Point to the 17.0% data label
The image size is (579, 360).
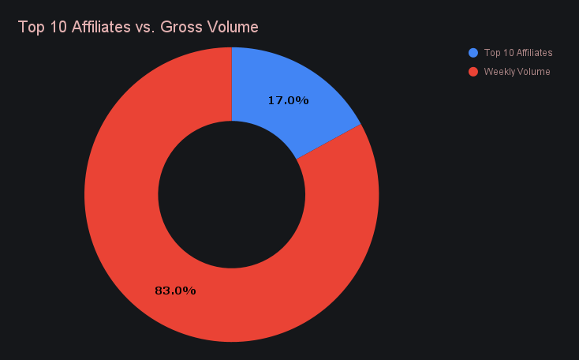coord(288,100)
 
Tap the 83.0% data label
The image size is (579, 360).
coord(175,291)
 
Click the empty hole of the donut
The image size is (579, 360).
coord(231,194)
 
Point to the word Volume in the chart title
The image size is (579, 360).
coord(233,28)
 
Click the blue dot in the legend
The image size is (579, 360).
coord(473,53)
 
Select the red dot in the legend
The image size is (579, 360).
coord(473,72)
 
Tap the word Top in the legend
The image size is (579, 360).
coord(492,53)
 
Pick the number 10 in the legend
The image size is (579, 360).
coord(508,53)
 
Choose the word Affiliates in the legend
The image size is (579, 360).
coord(535,53)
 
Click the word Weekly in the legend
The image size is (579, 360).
coord(499,72)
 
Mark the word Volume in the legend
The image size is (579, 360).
coord(534,72)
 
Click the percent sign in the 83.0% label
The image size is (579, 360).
coord(190,291)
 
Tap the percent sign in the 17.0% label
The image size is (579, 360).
coord(303,100)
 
